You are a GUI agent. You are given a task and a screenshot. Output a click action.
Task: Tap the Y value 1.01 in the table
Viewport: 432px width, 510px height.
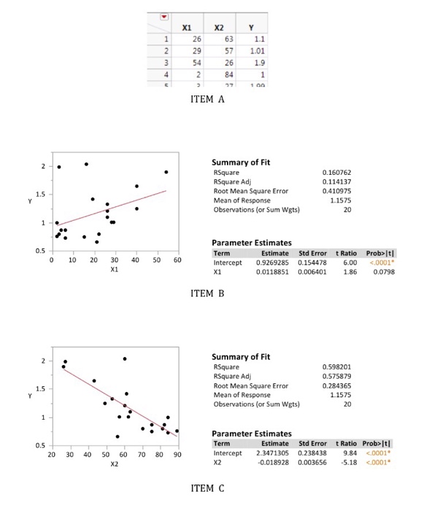(254, 51)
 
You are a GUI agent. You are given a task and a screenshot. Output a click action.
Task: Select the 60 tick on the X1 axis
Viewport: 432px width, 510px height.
(178, 259)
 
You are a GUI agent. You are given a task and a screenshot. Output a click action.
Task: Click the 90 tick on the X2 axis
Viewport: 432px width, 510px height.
(177, 454)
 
